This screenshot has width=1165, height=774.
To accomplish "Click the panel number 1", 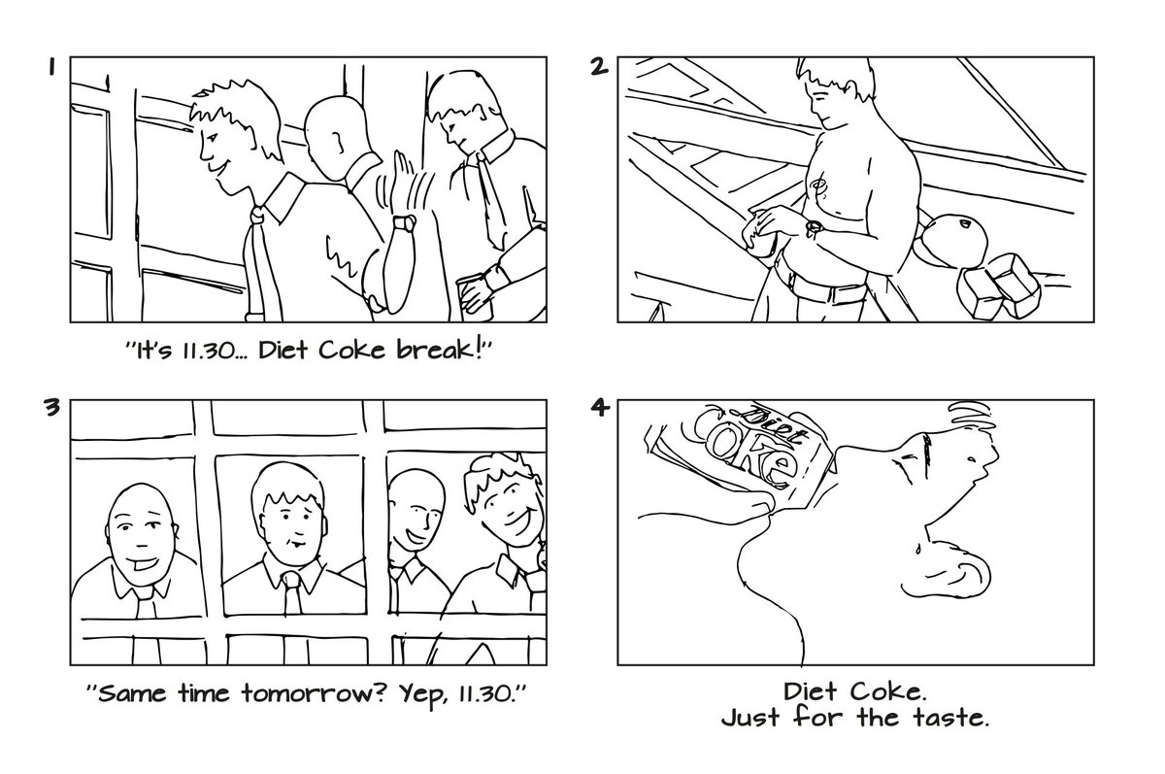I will [53, 68].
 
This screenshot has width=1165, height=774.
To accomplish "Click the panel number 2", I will [600, 67].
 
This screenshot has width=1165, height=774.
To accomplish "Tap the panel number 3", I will [52, 408].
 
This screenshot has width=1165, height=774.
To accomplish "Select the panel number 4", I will [600, 408].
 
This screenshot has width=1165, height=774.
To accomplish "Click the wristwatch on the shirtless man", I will [814, 227].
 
